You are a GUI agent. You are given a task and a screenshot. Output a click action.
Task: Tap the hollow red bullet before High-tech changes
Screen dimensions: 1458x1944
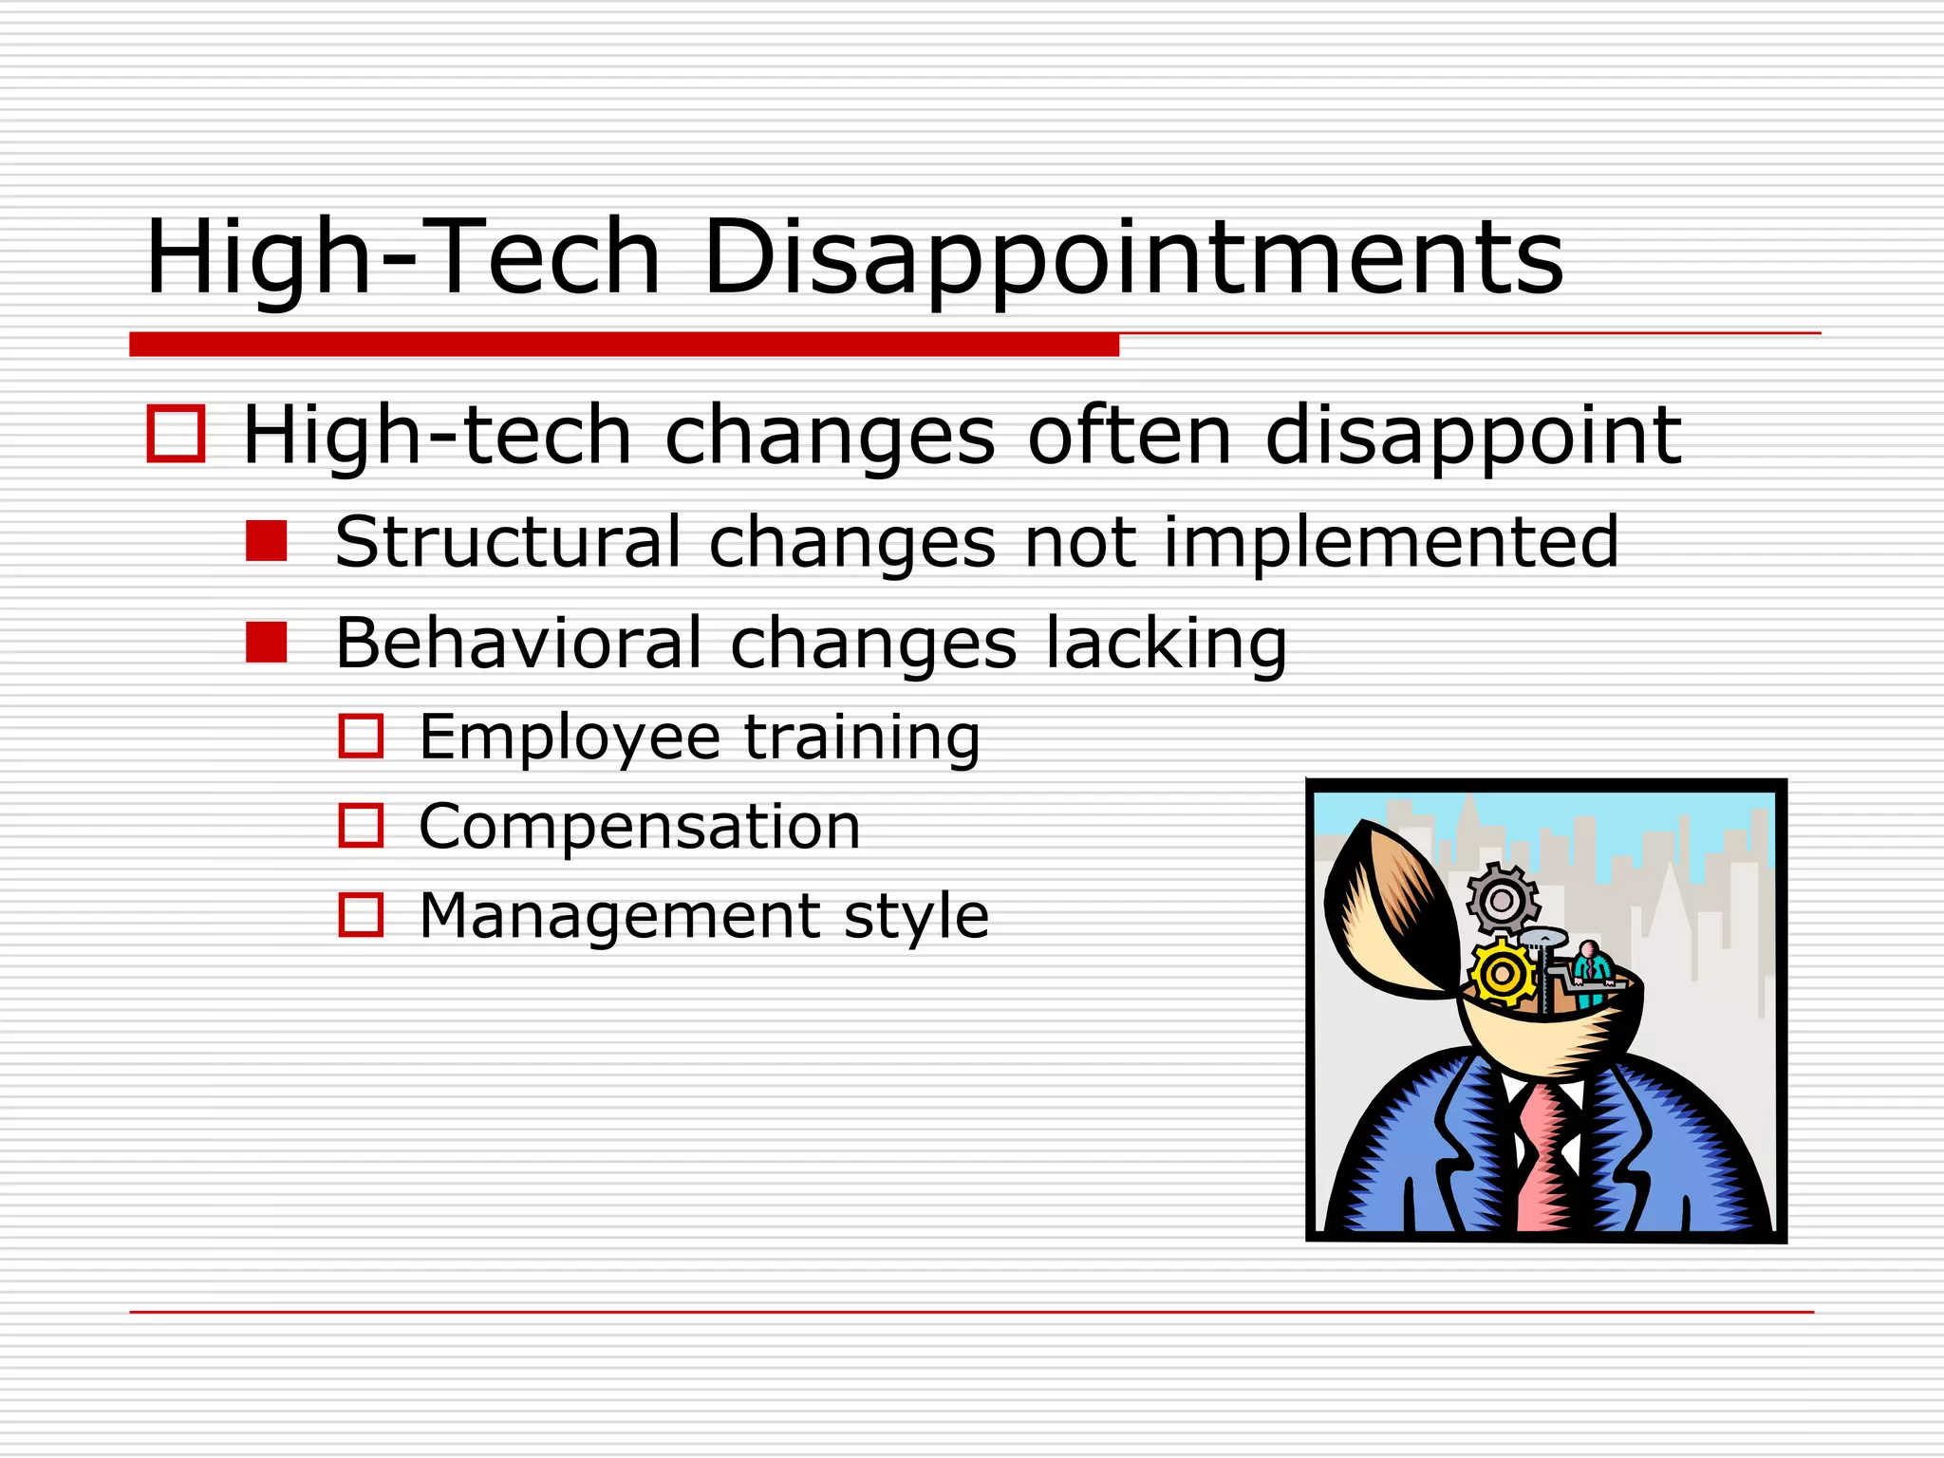pyautogui.click(x=177, y=434)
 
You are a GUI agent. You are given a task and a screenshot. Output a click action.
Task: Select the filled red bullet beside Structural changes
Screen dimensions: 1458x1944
pyautogui.click(x=266, y=541)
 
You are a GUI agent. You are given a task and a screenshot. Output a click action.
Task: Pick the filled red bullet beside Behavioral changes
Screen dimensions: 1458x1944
pyautogui.click(x=266, y=643)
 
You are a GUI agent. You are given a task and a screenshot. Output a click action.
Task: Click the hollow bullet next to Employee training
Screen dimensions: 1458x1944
pyautogui.click(x=361, y=737)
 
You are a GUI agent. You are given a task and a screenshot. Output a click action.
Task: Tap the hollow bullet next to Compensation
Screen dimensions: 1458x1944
pyautogui.click(x=361, y=826)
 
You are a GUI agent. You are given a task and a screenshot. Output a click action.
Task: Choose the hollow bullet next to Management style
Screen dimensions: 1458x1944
pyautogui.click(x=361, y=915)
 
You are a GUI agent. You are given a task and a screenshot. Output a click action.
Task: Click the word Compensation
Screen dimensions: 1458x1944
pyautogui.click(x=640, y=826)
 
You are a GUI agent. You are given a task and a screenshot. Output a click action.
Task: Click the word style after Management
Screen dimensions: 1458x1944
pyautogui.click(x=916, y=917)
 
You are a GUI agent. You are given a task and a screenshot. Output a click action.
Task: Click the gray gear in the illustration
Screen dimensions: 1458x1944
pyautogui.click(x=1502, y=899)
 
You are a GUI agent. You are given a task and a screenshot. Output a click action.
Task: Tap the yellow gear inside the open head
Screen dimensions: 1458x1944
pyautogui.click(x=1502, y=973)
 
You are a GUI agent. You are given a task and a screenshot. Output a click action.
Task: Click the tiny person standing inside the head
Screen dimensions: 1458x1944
pyautogui.click(x=1590, y=973)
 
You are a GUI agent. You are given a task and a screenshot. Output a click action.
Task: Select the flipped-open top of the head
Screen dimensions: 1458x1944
pyautogui.click(x=1386, y=911)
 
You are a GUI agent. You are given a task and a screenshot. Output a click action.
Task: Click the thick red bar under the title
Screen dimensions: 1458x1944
pyautogui.click(x=624, y=345)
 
